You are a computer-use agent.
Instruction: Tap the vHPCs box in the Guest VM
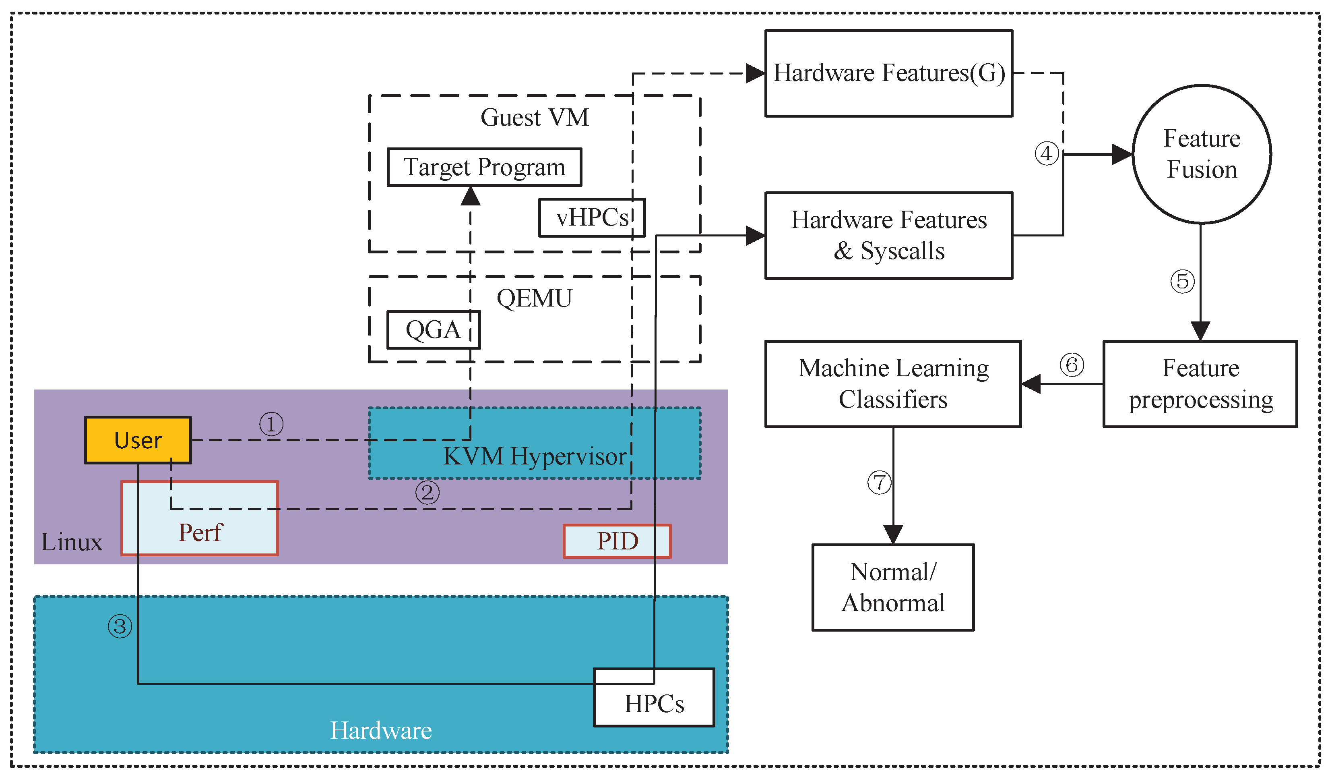(x=592, y=217)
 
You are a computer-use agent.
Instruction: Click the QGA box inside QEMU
(x=433, y=329)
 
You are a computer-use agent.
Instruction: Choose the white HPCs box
(x=653, y=697)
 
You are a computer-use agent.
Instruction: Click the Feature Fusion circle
(x=1201, y=154)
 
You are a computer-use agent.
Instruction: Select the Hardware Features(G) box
(x=888, y=73)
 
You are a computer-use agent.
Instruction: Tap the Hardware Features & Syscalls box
(x=888, y=235)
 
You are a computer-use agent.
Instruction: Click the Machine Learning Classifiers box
(x=892, y=383)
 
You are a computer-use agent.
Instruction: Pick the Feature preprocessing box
(x=1200, y=383)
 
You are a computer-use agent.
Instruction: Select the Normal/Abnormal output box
(x=892, y=587)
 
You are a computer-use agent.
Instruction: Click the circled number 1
(x=271, y=424)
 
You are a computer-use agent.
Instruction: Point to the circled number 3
(x=120, y=626)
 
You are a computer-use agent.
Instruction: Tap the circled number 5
(x=1182, y=281)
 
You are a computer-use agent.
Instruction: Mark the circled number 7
(x=879, y=482)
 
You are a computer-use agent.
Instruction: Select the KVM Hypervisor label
(x=534, y=456)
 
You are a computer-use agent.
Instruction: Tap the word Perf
(x=200, y=532)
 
